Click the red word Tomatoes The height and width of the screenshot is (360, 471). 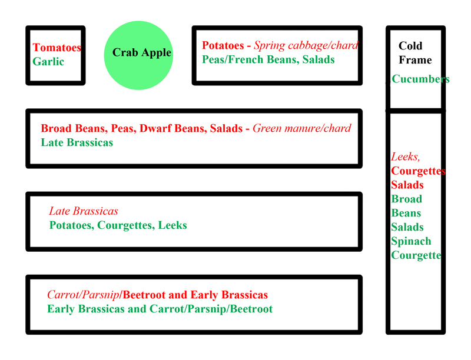[x=57, y=48]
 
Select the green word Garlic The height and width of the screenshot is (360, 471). [x=48, y=62]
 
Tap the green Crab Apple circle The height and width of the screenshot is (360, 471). [x=138, y=55]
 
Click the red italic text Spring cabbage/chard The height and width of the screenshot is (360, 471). [x=306, y=46]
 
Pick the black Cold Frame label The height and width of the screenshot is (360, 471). [x=415, y=53]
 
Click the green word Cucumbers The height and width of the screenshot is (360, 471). [x=420, y=79]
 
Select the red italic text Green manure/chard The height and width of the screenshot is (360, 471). [x=301, y=128]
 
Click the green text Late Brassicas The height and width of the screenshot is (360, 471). [x=77, y=142]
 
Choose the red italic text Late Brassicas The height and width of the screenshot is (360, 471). [x=84, y=211]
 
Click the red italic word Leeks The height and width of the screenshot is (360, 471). [x=405, y=156]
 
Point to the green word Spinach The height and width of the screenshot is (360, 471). [x=411, y=241]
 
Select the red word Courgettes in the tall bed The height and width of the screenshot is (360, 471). [x=418, y=171]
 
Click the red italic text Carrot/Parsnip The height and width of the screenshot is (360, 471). [x=83, y=295]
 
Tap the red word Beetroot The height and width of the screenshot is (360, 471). [x=144, y=295]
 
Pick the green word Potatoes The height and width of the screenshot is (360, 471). [x=70, y=225]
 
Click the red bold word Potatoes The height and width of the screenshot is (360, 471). [x=223, y=46]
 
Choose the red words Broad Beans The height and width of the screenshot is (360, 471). [x=74, y=128]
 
